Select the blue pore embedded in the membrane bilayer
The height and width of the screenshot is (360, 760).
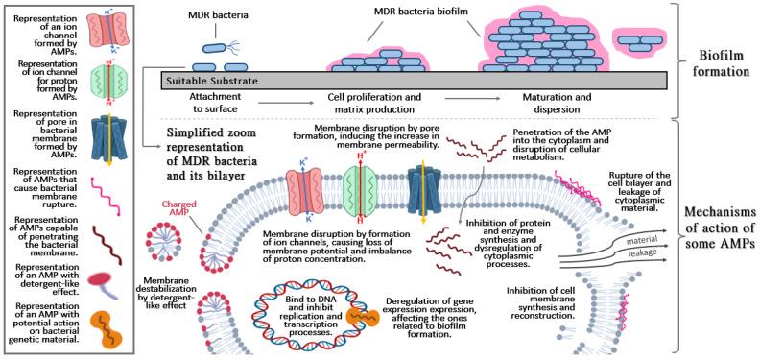point(422,186)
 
